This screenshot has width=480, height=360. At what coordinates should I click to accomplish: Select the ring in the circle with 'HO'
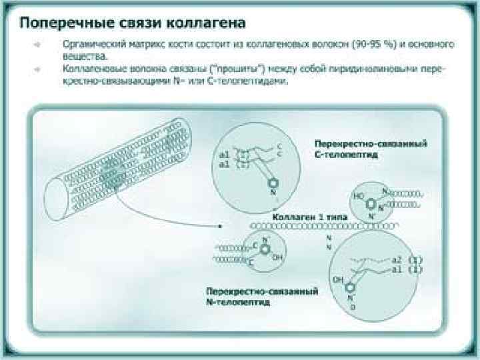click(374, 198)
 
